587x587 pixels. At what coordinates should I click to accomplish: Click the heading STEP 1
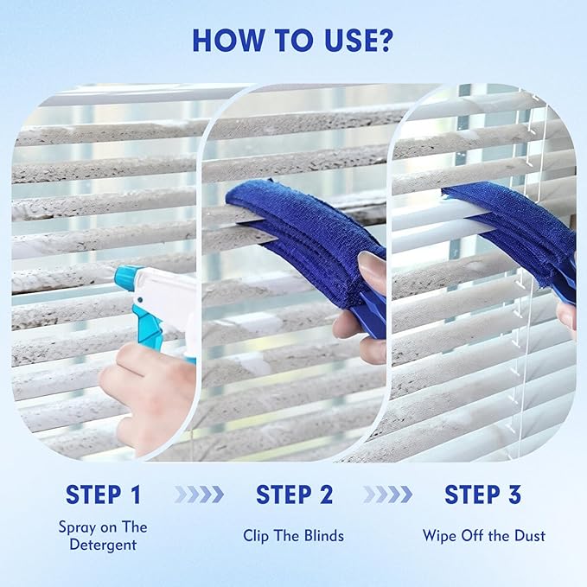click(103, 494)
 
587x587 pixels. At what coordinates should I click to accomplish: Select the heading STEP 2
click(294, 494)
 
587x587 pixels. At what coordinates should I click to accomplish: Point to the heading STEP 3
click(483, 494)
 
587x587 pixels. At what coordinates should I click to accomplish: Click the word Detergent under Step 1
click(103, 546)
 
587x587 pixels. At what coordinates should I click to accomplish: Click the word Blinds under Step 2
click(322, 536)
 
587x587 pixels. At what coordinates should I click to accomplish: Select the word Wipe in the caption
click(440, 536)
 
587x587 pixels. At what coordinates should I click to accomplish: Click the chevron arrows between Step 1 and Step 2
click(198, 494)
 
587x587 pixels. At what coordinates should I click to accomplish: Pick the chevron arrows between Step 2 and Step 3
click(387, 494)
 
